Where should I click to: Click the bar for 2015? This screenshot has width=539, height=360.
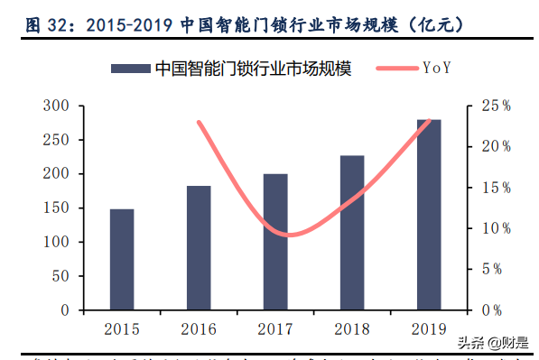point(122,260)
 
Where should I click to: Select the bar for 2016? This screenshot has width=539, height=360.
point(199,248)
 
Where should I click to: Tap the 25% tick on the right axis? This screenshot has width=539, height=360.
point(495,106)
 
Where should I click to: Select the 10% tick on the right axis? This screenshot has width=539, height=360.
point(495,229)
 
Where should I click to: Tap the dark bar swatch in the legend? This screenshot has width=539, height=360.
point(129,68)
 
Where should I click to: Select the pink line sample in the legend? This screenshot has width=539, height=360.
point(390,68)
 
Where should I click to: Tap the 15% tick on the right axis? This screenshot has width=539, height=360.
point(495,189)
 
